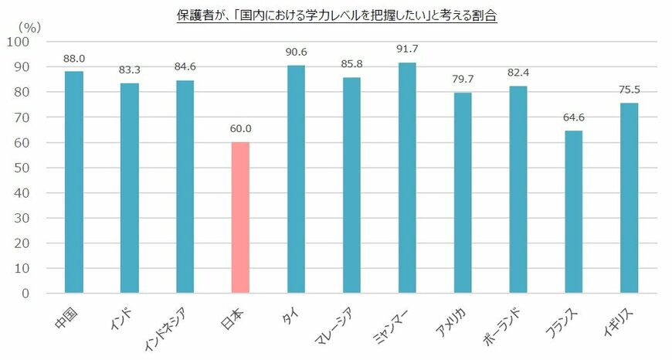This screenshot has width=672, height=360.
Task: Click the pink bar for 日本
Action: coord(240,218)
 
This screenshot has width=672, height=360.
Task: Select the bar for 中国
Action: coord(73,182)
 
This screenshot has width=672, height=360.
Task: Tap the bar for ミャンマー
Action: coord(407,178)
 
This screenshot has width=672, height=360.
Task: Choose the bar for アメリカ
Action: coord(463,193)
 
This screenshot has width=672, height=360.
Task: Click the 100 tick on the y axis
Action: coord(17,42)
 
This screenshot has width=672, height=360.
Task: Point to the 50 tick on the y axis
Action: coord(20,168)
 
